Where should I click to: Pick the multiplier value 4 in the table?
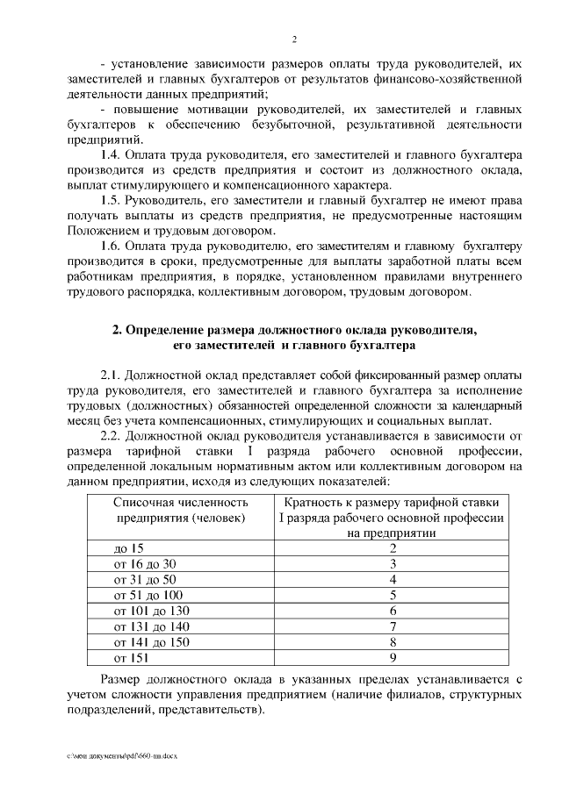393,579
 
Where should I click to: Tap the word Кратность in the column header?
314,503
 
